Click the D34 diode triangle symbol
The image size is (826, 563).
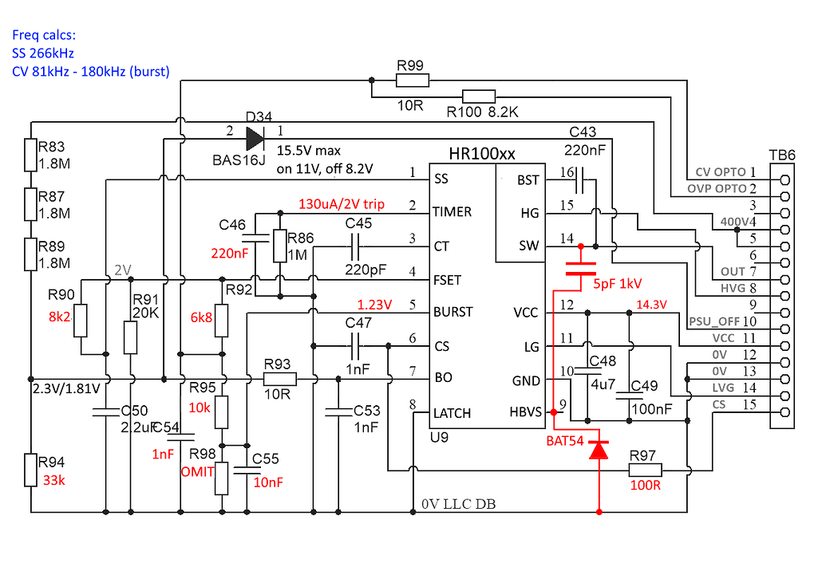click(x=255, y=139)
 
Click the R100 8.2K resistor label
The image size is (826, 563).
click(x=482, y=113)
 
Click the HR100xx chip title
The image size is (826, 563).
click(x=481, y=154)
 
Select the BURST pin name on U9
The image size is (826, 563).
click(x=453, y=311)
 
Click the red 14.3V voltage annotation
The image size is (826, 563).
click(x=650, y=304)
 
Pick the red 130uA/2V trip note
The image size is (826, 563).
click(x=341, y=204)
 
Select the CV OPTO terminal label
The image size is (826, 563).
click(x=721, y=171)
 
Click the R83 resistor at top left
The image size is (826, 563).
click(x=31, y=156)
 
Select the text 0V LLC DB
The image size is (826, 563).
click(x=458, y=503)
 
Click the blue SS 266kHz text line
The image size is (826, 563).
click(x=43, y=53)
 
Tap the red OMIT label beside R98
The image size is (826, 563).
click(x=198, y=471)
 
